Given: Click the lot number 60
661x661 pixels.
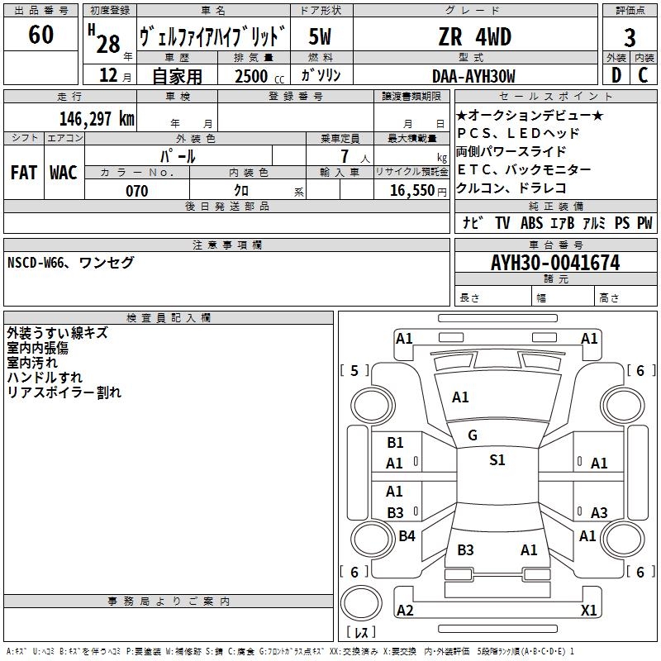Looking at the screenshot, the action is pyautogui.click(x=40, y=35).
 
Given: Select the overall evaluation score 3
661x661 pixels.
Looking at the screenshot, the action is pyautogui.click(x=630, y=37).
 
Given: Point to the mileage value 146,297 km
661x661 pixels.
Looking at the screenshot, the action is pyautogui.click(x=96, y=118).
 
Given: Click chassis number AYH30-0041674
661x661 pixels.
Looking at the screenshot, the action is pyautogui.click(x=554, y=263).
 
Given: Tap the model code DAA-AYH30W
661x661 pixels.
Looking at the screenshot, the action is pyautogui.click(x=473, y=76).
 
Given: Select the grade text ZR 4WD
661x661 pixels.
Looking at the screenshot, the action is pyautogui.click(x=474, y=37).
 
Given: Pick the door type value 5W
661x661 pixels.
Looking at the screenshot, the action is pyautogui.click(x=321, y=37).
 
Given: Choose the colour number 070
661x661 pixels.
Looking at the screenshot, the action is pyautogui.click(x=136, y=191).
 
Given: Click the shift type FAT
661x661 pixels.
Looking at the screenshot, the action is pyautogui.click(x=24, y=173).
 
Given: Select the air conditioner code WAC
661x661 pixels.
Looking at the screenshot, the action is pyautogui.click(x=63, y=173).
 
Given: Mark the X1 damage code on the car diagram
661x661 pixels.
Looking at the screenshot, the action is pyautogui.click(x=588, y=611).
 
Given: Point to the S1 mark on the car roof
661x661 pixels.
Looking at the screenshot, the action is pyautogui.click(x=497, y=460).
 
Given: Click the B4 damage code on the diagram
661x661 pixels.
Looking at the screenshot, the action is pyautogui.click(x=407, y=536).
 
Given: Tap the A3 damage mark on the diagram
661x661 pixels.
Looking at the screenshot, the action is pyautogui.click(x=599, y=513).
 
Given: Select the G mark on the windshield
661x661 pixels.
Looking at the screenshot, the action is pyautogui.click(x=472, y=435).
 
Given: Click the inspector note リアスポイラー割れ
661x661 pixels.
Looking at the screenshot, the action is pyautogui.click(x=64, y=392).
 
